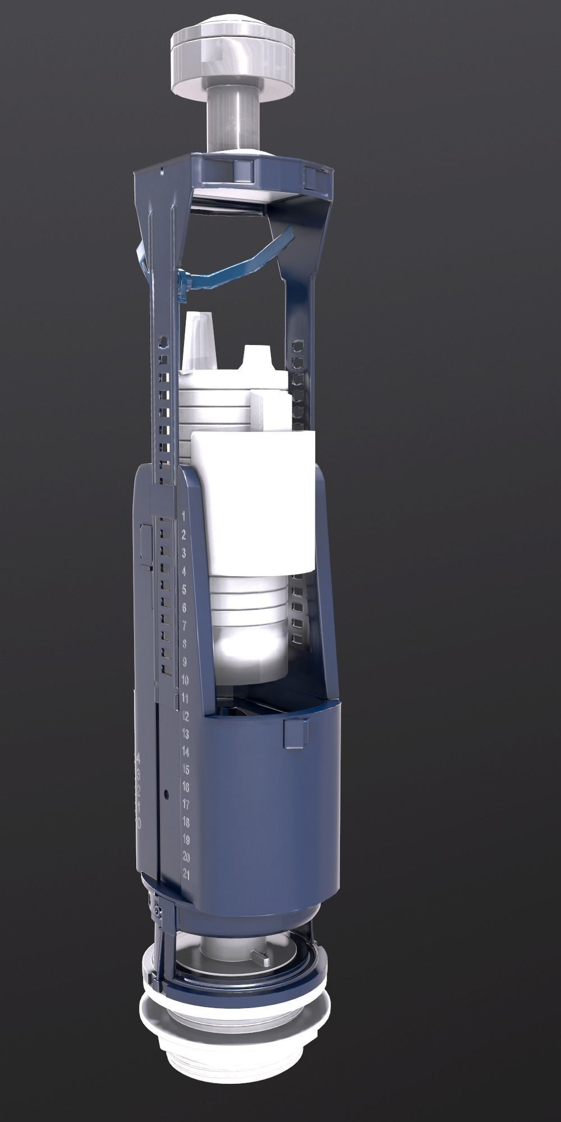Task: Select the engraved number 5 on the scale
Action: tap(184, 590)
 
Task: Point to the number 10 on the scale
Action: tap(186, 680)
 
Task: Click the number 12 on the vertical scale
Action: tap(186, 716)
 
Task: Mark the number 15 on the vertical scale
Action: tap(186, 769)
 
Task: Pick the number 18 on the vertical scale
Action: tap(186, 822)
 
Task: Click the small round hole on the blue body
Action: tap(167, 794)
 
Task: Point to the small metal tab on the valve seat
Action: tap(264, 963)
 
